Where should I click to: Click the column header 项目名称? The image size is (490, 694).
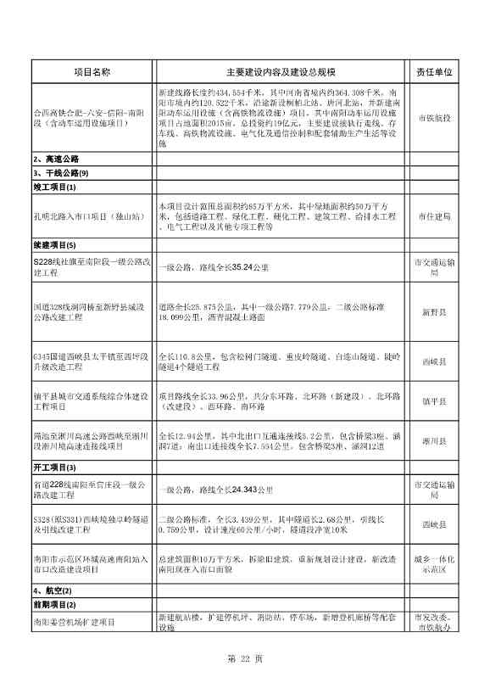(x=92, y=72)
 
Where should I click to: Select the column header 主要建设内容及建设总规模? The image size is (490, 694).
(x=281, y=72)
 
